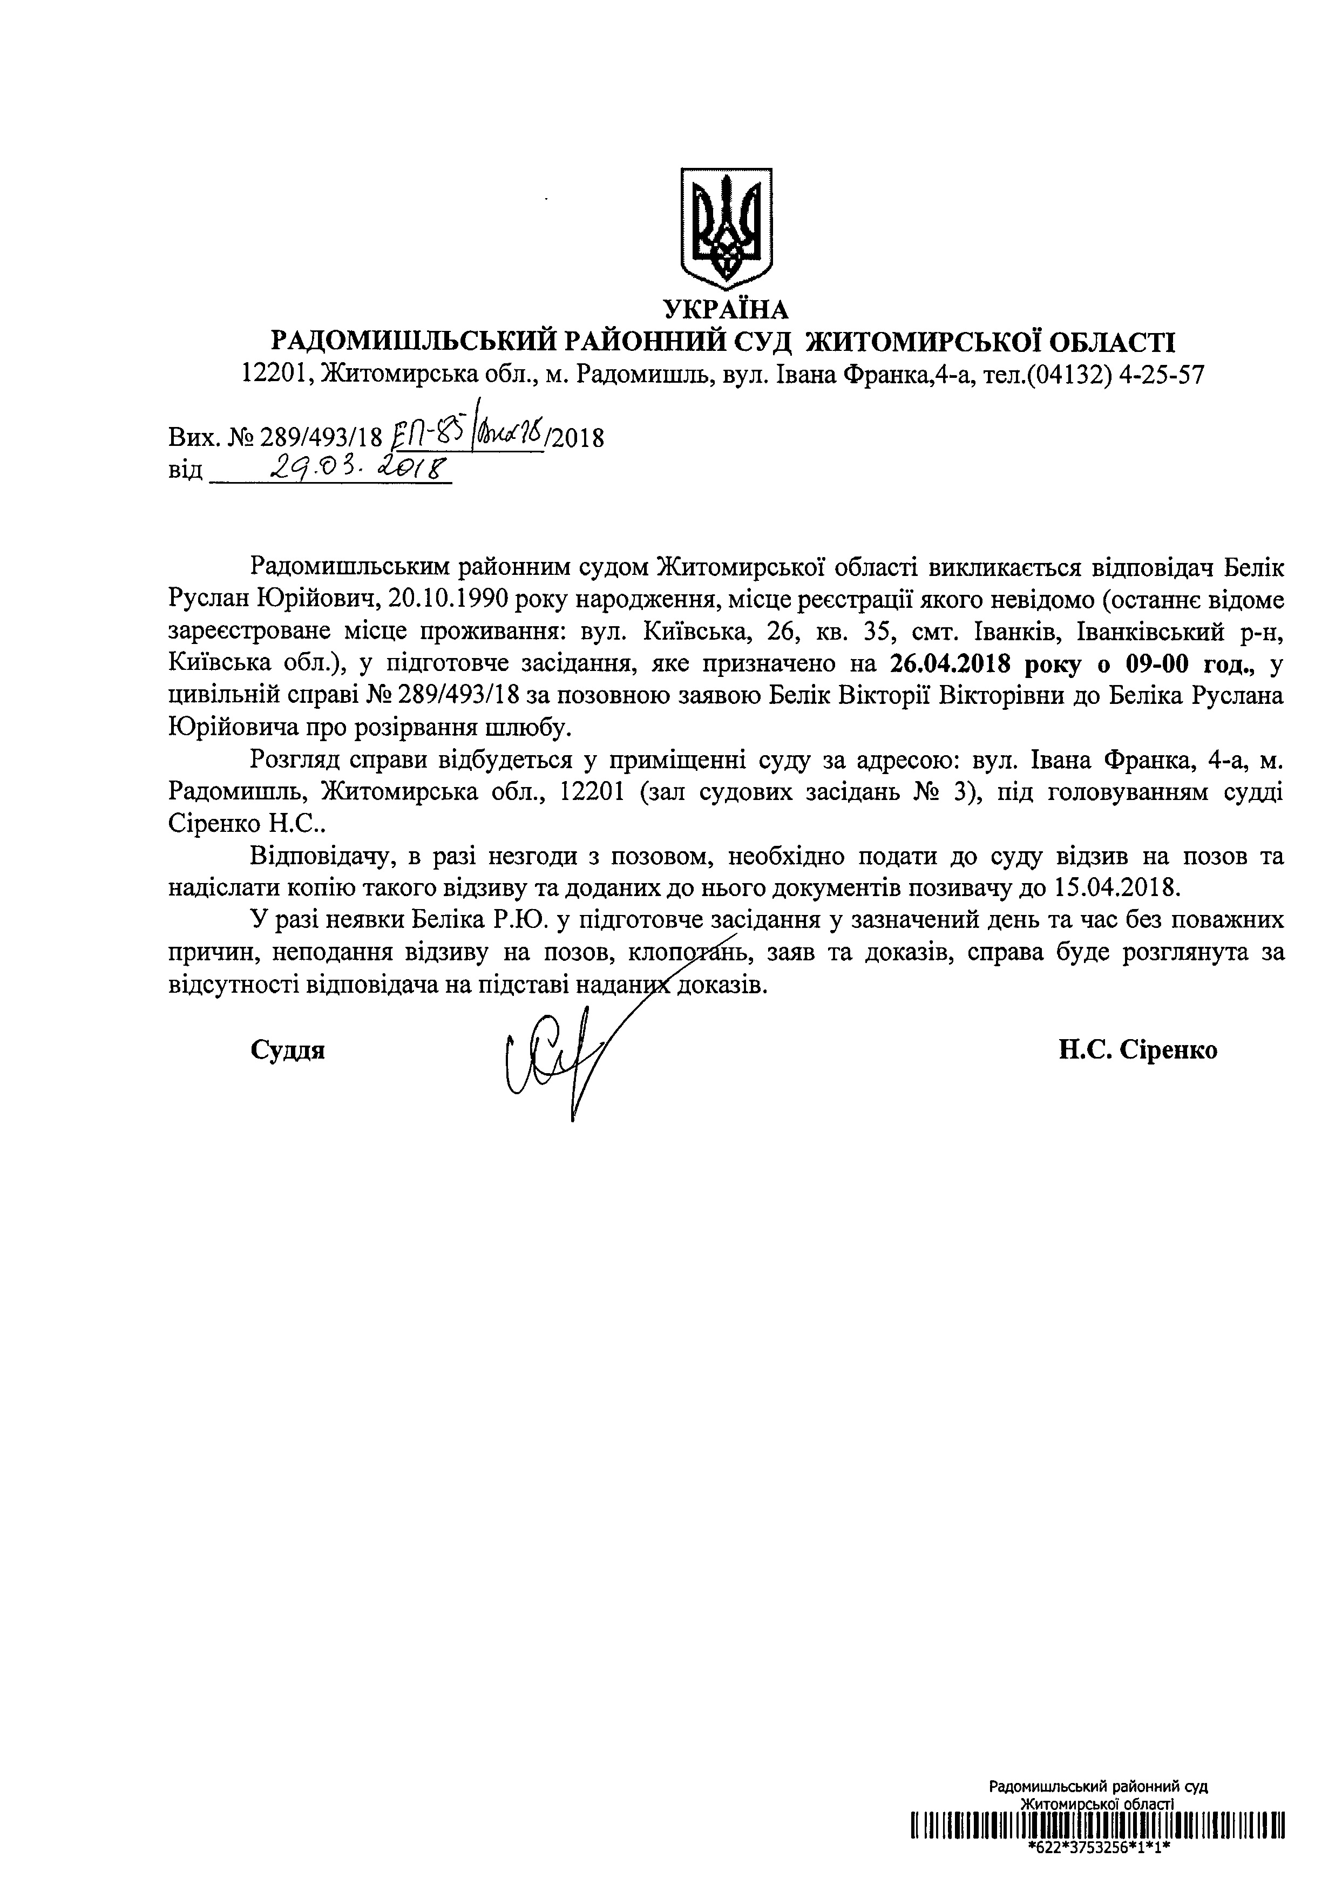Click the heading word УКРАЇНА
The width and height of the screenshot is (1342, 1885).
727,310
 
